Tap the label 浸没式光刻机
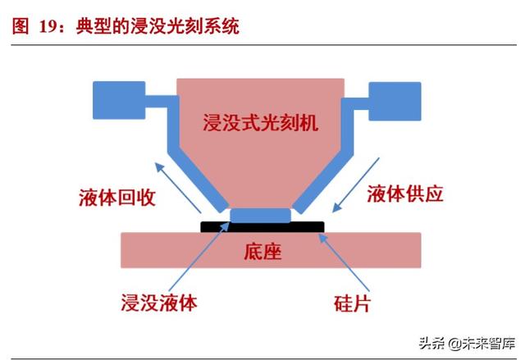pyautogui.click(x=260, y=123)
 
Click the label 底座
pyautogui.click(x=263, y=251)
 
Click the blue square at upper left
pyautogui.click(x=120, y=102)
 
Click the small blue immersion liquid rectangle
pyautogui.click(x=260, y=216)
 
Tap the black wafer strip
pyautogui.click(x=312, y=225)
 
